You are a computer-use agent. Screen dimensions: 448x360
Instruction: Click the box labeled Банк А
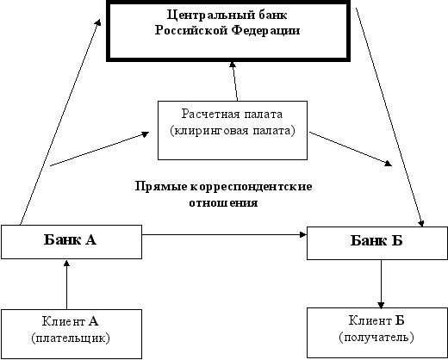point(72,242)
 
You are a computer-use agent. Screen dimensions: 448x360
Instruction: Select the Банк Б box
point(377,243)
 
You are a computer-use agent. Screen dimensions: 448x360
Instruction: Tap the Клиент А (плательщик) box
point(72,334)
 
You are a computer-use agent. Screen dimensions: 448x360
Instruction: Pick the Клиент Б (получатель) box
point(377,332)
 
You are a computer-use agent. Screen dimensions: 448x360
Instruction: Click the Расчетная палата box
point(233,130)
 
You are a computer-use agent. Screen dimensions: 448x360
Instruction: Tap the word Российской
point(191,30)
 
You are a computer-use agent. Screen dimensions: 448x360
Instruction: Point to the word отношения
point(223,202)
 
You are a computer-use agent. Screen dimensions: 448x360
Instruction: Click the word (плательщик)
point(71,338)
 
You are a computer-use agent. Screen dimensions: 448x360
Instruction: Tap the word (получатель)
point(376,337)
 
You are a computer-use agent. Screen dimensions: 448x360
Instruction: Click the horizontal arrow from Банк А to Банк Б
point(225,235)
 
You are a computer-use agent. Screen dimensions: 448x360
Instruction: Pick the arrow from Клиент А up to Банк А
point(66,284)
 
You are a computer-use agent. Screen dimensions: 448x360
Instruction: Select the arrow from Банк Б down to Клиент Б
point(381,284)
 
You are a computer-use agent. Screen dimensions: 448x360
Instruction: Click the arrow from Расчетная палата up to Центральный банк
point(234,81)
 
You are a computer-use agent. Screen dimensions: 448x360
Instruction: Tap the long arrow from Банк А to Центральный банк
point(60,122)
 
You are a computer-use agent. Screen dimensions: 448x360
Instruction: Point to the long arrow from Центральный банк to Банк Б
point(389,117)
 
